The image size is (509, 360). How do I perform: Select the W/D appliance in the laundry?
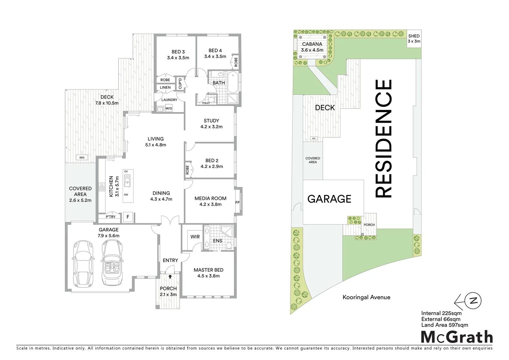click(169, 108)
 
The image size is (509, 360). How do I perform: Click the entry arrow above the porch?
click(170, 276)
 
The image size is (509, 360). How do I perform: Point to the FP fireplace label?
click(237, 202)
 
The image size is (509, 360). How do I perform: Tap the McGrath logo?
click(457, 337)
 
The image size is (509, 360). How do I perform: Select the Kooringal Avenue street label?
click(366, 297)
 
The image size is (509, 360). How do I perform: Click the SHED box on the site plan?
click(414, 39)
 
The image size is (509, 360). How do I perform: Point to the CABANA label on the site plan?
click(312, 44)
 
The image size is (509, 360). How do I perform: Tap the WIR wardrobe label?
click(195, 237)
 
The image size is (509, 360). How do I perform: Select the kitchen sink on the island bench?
click(127, 182)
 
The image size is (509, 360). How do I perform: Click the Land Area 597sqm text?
click(444, 325)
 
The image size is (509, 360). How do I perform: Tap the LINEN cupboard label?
click(165, 88)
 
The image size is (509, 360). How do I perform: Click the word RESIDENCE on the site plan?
click(383, 139)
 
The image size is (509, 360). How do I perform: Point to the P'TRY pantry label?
click(111, 217)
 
